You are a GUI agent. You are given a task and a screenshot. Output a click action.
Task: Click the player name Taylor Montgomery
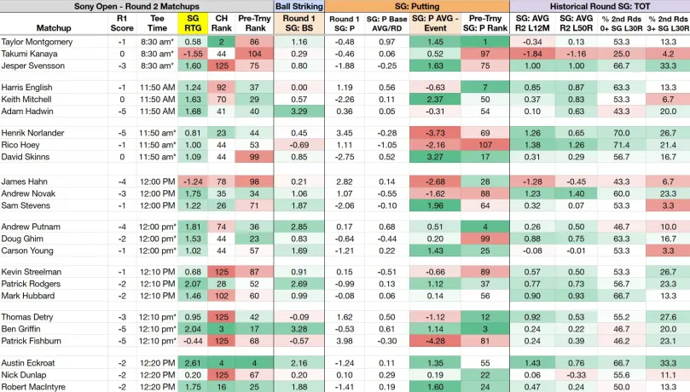pos(37,42)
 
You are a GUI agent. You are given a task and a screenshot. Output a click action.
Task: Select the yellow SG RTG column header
pos(193,23)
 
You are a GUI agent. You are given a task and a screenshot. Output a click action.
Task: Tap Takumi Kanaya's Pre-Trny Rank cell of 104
pos(254,54)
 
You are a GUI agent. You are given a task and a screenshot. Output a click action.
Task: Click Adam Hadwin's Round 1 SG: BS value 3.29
pos(299,111)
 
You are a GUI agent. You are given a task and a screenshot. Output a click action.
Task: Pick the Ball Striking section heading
pos(299,6)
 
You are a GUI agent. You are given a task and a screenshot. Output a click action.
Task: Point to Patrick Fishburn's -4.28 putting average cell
pos(435,341)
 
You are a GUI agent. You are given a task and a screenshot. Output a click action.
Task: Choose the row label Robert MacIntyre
pos(33,387)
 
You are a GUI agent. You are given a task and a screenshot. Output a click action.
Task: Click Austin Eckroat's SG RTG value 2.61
pos(193,363)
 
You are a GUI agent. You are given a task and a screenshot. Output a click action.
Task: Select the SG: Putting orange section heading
pos(417,6)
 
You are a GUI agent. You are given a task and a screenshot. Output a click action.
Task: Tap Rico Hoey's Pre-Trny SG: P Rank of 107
pos(485,145)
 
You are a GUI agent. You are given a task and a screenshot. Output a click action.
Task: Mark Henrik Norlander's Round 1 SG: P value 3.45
pos(344,133)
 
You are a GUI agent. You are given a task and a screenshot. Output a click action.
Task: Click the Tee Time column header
pos(157,23)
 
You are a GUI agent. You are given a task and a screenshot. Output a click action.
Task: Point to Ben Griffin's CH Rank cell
pos(222,329)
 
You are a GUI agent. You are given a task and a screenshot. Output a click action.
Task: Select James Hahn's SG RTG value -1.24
pos(193,182)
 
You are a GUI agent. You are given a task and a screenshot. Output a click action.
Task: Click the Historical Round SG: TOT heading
pos(600,6)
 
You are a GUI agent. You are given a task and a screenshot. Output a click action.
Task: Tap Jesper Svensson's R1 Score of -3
pos(122,66)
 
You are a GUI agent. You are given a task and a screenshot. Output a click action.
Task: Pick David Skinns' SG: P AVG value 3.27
pos(435,157)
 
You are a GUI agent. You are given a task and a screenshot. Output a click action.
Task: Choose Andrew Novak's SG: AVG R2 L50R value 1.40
pos(576,193)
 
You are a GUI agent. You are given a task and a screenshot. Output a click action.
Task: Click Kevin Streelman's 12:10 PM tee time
pos(157,272)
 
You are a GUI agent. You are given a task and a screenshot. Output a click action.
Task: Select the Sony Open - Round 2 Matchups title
pos(136,6)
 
